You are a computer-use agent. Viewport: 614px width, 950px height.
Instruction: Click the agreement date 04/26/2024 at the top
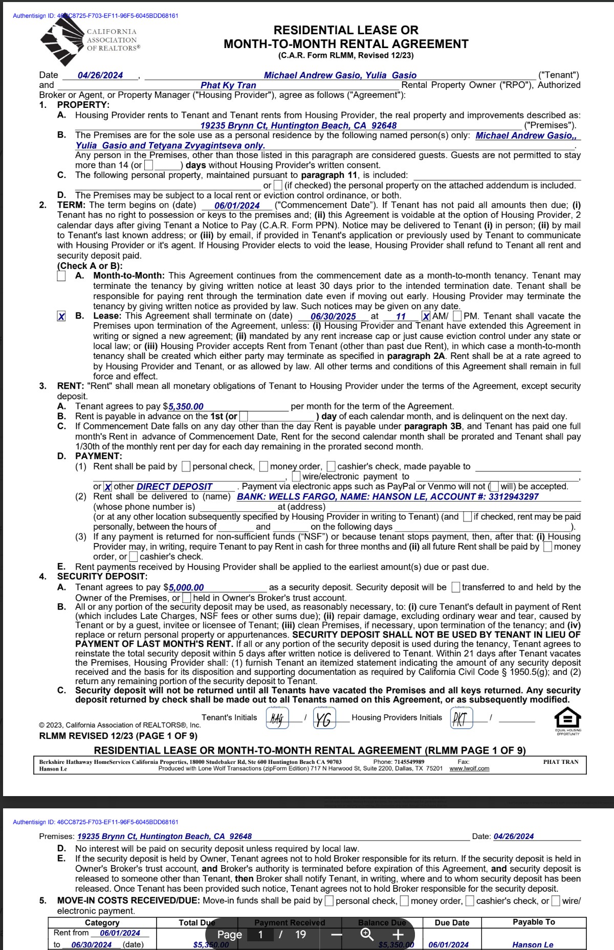[x=100, y=75]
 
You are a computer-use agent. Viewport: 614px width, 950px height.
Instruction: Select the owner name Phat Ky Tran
[x=228, y=85]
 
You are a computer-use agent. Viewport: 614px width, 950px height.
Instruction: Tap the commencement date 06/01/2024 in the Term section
[x=237, y=206]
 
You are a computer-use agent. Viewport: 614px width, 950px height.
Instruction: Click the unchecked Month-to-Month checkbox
[x=61, y=276]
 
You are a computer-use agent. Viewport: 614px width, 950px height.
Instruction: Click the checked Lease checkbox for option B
[x=61, y=316]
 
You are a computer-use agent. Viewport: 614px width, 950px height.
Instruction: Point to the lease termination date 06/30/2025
[x=333, y=316]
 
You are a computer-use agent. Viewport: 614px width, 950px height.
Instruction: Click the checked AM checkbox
[x=426, y=316]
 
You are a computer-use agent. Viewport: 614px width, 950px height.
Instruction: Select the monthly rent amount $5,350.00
[x=186, y=406]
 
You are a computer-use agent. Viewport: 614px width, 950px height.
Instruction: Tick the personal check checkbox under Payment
[x=187, y=466]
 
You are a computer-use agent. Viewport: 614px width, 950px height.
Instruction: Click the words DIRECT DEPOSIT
[x=174, y=487]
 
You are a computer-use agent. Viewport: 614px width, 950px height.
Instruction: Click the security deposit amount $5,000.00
[x=186, y=587]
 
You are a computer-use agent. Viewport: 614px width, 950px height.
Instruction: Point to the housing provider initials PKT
[x=461, y=718]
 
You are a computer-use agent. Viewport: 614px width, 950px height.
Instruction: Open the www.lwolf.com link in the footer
[x=469, y=768]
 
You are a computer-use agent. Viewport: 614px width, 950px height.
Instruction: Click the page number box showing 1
[x=260, y=935]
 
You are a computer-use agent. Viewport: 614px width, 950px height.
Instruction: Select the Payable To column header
[x=534, y=922]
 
